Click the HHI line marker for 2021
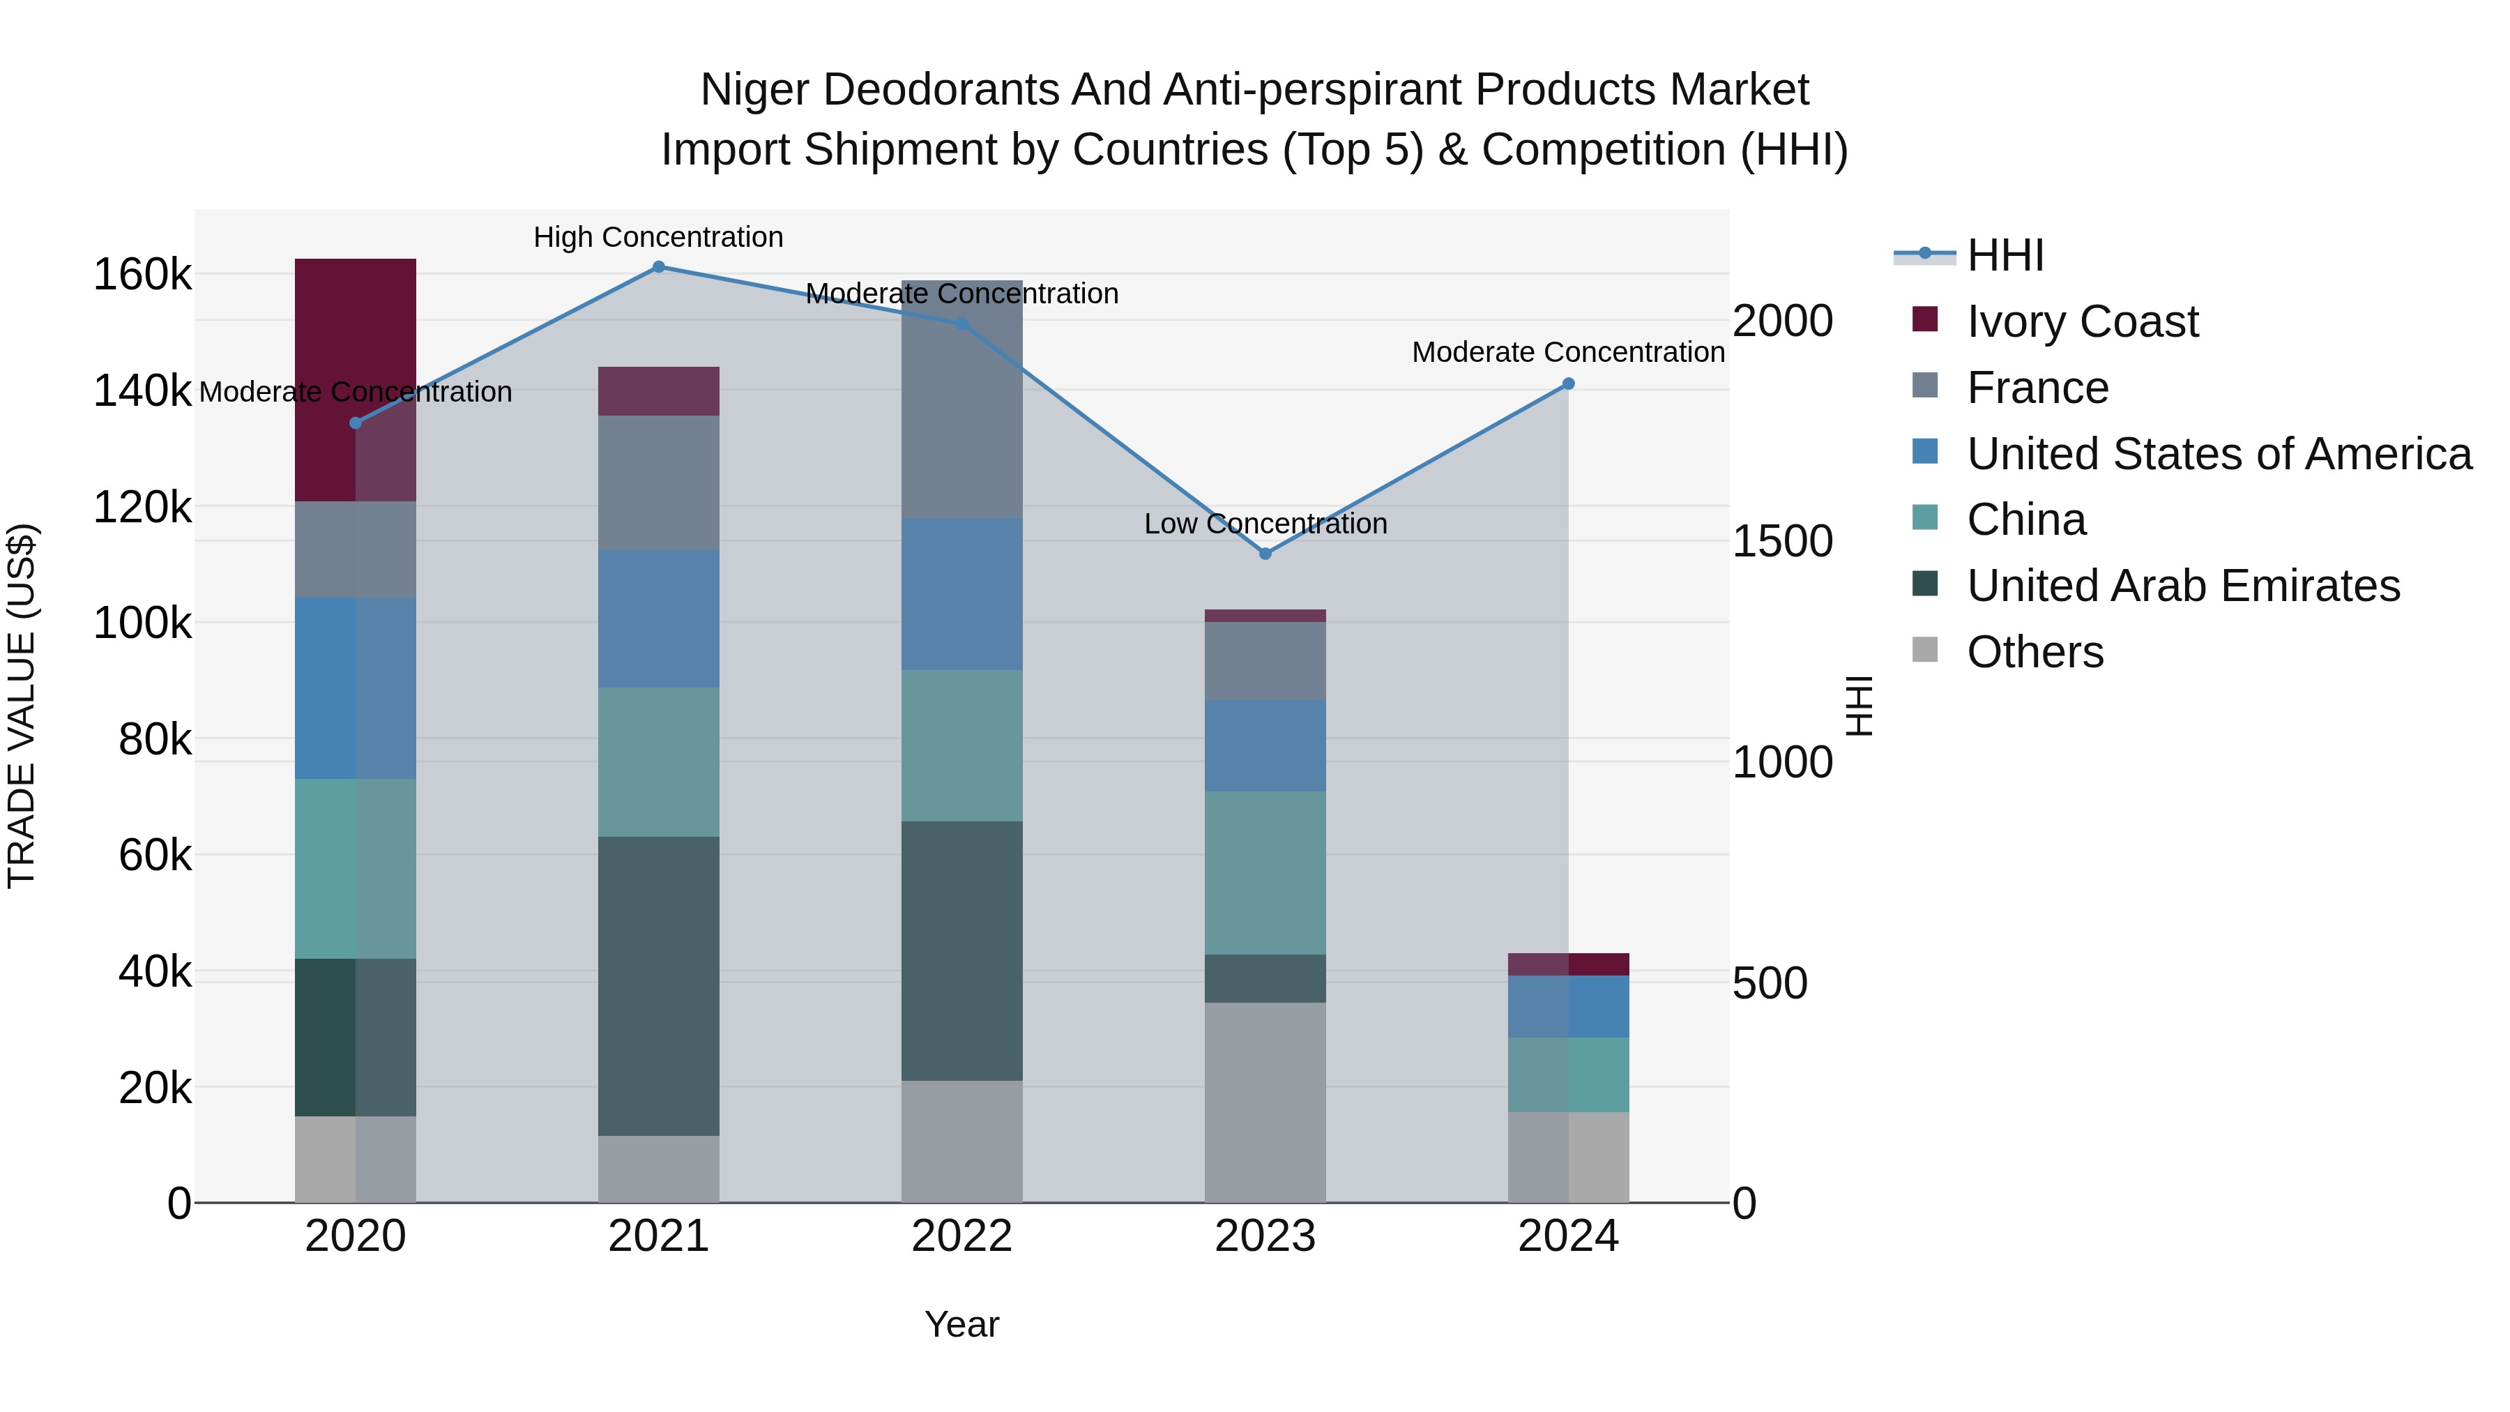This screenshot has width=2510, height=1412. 659,267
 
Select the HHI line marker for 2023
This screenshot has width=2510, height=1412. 1265,554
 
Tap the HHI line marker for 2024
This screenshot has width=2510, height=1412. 1569,384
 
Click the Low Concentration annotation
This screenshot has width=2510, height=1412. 1265,524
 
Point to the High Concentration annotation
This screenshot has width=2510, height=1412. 659,238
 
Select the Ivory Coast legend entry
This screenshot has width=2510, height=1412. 2081,321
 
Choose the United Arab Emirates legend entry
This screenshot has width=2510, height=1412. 2182,586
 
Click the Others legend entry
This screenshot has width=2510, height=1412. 2034,652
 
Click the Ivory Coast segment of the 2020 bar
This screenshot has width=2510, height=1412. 356,380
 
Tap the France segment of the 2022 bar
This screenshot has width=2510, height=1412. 961,400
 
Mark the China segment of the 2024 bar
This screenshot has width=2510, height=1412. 1569,1074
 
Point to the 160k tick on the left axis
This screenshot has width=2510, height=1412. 142,275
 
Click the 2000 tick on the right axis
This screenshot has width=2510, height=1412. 1782,321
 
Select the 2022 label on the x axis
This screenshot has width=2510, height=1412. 961,1236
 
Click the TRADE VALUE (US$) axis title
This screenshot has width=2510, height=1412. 22,706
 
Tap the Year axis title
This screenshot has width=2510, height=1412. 961,1324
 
